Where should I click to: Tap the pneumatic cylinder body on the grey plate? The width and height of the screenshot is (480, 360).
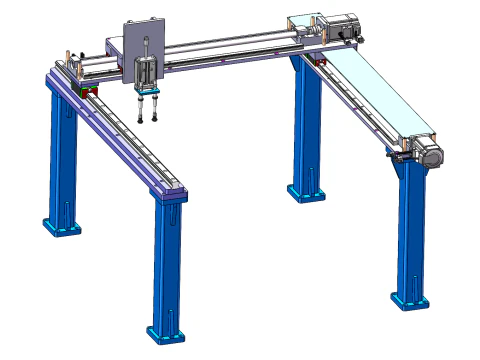pos(146,73)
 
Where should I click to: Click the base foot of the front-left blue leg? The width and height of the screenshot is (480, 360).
pos(164,331)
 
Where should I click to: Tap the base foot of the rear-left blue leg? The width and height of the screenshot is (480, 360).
pos(62,225)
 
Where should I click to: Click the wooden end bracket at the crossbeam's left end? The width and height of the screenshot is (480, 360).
pos(67,54)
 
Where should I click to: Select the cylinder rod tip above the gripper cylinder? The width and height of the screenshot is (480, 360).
pos(146,41)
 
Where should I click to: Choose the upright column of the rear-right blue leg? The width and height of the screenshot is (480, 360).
pos(303,120)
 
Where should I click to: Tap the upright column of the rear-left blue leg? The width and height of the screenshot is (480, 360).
pos(63,150)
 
